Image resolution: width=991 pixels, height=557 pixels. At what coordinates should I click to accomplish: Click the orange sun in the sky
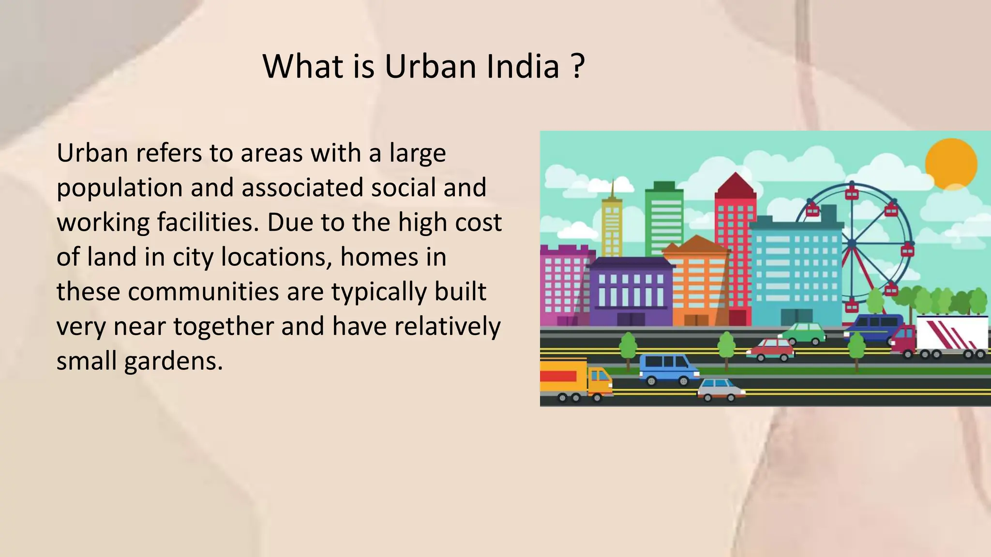(x=951, y=164)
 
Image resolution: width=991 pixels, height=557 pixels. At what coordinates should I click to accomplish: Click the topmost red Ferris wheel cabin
(x=852, y=193)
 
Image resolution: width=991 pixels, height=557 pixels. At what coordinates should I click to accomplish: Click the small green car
(x=803, y=333)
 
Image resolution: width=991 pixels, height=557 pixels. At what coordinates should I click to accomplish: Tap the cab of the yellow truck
(x=599, y=380)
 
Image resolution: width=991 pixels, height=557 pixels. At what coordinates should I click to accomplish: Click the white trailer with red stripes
(x=951, y=334)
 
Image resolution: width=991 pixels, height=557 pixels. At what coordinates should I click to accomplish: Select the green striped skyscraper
(x=664, y=218)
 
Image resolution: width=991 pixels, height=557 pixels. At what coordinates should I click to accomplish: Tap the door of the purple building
(x=631, y=319)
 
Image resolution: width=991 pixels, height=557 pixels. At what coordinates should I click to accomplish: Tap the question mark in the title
(x=577, y=66)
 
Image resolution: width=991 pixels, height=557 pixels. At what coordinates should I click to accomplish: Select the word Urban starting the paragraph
(x=92, y=153)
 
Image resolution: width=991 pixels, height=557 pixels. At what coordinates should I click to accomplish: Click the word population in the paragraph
(x=119, y=188)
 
